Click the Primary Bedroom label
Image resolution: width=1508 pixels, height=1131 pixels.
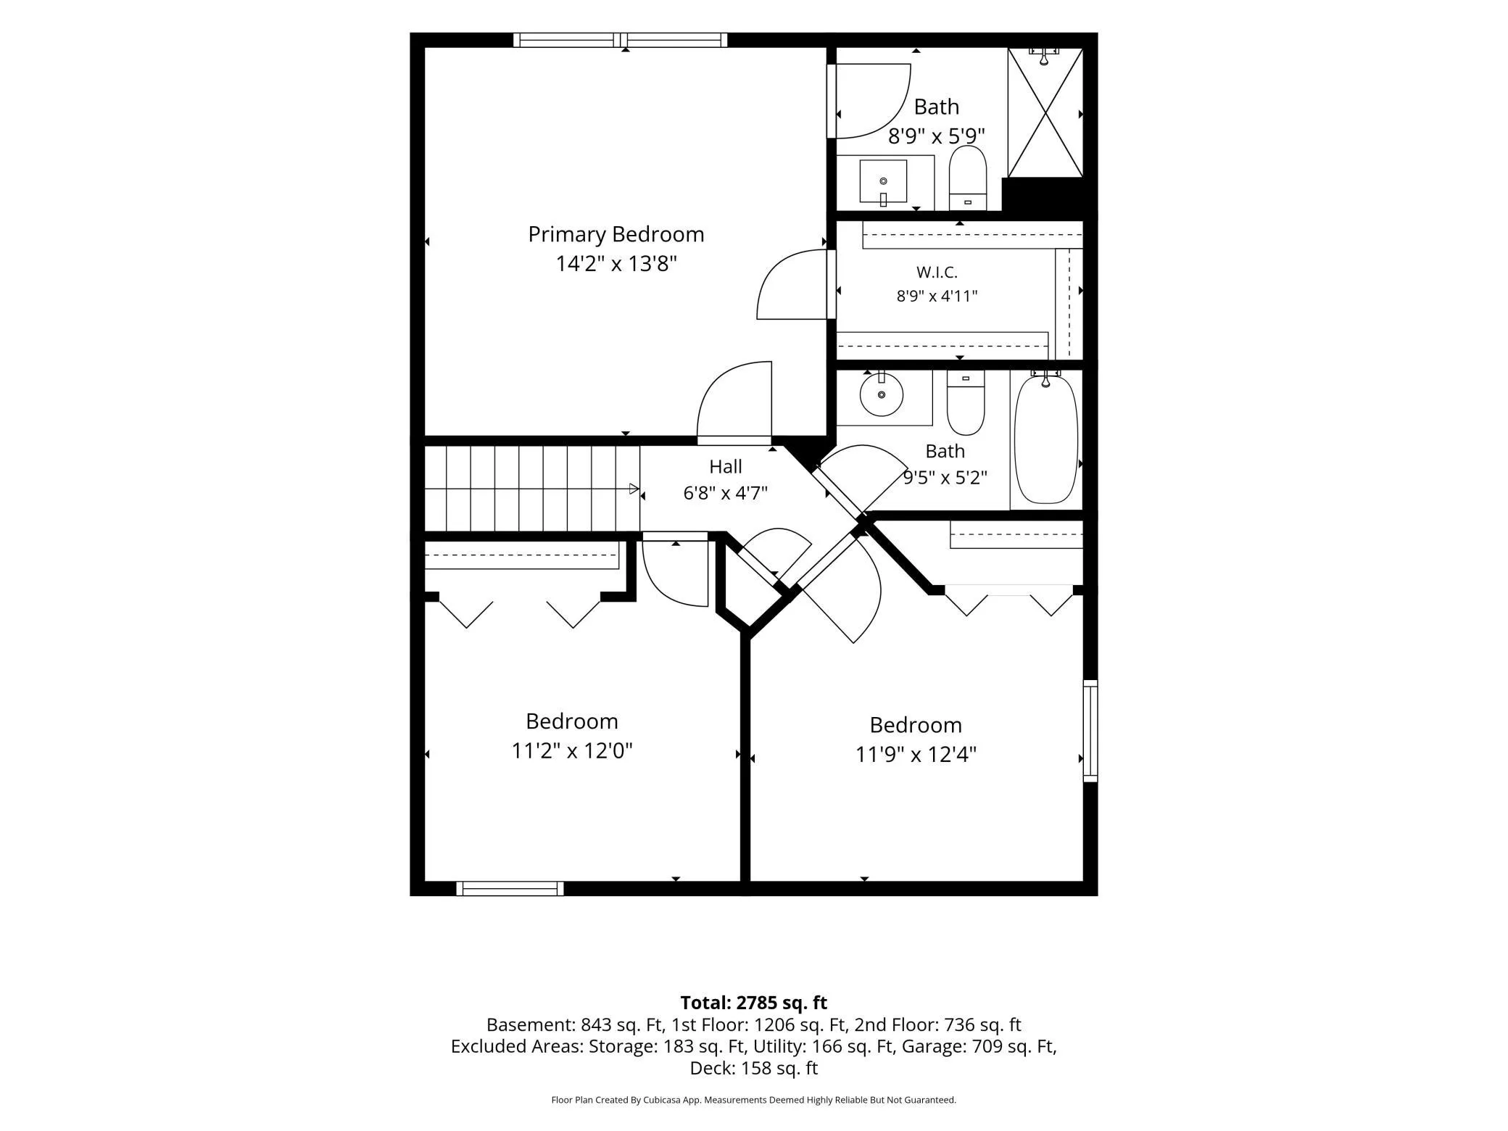(616, 235)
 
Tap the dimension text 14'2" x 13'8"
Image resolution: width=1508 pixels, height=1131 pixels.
(616, 263)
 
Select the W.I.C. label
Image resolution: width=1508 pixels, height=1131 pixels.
(937, 273)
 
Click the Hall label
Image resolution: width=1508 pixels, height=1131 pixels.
(726, 466)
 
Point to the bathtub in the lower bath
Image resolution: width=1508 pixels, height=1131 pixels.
(1045, 439)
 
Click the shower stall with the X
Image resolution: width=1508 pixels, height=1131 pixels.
(1045, 112)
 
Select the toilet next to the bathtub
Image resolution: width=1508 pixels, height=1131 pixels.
(966, 402)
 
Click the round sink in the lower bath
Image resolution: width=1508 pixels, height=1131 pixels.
(882, 394)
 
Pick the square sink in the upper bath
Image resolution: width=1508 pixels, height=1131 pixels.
(883, 182)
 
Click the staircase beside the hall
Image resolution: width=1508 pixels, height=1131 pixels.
(531, 489)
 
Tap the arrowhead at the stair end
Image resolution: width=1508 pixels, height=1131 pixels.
(634, 489)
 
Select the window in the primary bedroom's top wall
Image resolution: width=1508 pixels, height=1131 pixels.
(621, 40)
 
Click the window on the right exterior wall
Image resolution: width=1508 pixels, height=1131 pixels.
(1090, 731)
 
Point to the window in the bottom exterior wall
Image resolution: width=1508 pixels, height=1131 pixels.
(510, 888)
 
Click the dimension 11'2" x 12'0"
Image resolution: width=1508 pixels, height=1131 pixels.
(572, 750)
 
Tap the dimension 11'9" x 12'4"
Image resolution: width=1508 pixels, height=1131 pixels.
(916, 755)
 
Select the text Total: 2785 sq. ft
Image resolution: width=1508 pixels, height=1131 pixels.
(754, 1003)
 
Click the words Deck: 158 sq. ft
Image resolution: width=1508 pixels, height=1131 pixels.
(754, 1068)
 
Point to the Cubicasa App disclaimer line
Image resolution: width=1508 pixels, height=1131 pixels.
(754, 1100)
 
